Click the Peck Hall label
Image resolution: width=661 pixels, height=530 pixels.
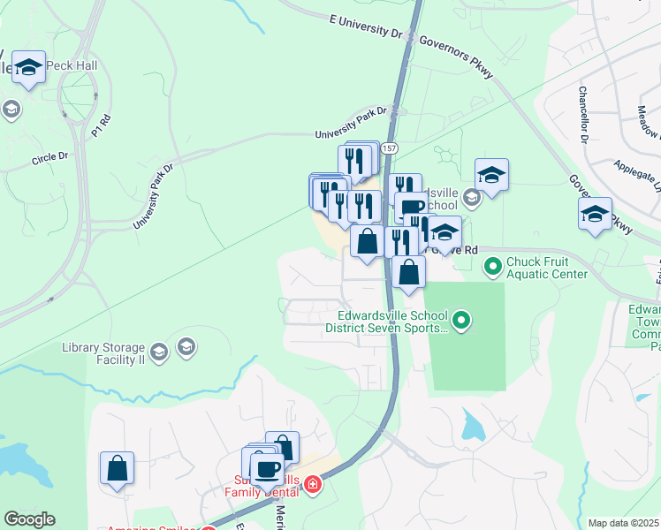72,67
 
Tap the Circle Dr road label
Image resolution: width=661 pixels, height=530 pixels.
50,158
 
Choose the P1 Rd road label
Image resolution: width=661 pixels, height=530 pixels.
100,126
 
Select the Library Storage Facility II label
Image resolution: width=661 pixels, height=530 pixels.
103,353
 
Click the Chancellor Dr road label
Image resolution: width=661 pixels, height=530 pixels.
584,114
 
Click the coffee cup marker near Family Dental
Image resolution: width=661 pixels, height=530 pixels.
267,468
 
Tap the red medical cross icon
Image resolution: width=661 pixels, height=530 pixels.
311,485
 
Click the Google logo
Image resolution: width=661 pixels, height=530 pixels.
30,519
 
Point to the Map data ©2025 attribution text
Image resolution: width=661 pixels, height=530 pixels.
623,523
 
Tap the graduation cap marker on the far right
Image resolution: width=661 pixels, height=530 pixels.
595,215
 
